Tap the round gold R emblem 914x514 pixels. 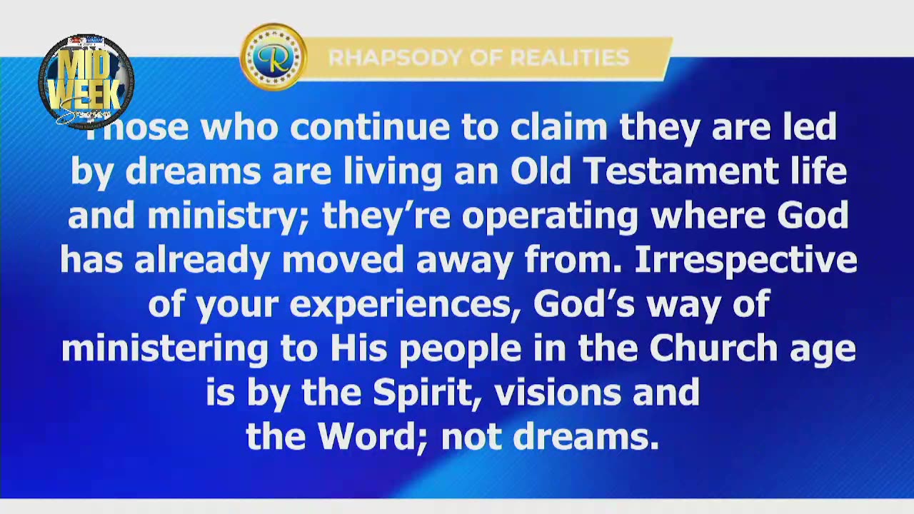(273, 57)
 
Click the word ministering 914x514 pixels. (164, 348)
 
